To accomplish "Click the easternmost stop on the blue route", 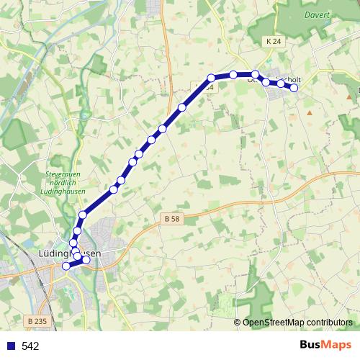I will (x=294, y=88).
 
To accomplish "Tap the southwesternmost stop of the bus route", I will (x=66, y=266).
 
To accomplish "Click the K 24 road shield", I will (x=273, y=42).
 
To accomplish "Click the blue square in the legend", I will (x=10, y=346).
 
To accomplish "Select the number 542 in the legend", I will (x=30, y=346).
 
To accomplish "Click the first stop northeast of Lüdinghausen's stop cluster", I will (x=83, y=215).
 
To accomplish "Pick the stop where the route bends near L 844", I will (x=212, y=78).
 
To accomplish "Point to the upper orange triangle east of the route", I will (x=310, y=112).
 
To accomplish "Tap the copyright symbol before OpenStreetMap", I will (x=238, y=322).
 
